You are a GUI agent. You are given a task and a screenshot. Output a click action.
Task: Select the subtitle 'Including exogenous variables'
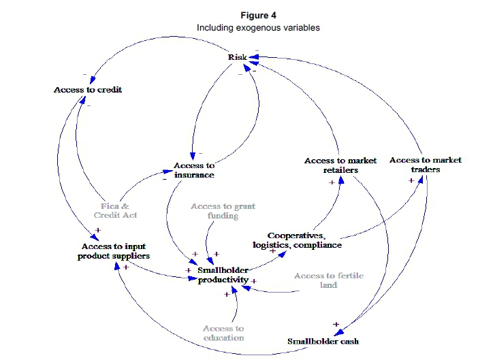tap(258, 28)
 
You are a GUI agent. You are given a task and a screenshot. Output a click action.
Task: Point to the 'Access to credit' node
tap(88, 90)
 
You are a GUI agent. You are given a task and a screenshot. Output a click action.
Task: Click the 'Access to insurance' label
tap(194, 170)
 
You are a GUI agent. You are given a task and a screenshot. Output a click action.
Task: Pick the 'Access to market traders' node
tap(426, 165)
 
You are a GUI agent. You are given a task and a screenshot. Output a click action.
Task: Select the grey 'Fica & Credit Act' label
tap(115, 210)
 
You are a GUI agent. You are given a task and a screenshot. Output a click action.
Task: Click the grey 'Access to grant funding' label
tap(223, 211)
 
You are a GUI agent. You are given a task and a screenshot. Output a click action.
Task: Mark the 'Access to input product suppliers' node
tap(114, 251)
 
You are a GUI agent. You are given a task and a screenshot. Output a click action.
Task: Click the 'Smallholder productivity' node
tap(223, 276)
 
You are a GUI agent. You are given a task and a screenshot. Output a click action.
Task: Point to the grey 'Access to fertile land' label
tap(329, 280)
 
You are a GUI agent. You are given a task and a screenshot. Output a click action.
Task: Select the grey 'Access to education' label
tap(223, 333)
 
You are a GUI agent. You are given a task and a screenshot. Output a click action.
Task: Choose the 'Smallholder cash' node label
tap(323, 341)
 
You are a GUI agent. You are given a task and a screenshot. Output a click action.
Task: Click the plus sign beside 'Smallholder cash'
tap(336, 324)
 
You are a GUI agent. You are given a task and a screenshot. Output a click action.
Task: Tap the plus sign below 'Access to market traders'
tap(411, 180)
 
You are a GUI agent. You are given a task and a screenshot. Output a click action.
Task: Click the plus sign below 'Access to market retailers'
tap(332, 182)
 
